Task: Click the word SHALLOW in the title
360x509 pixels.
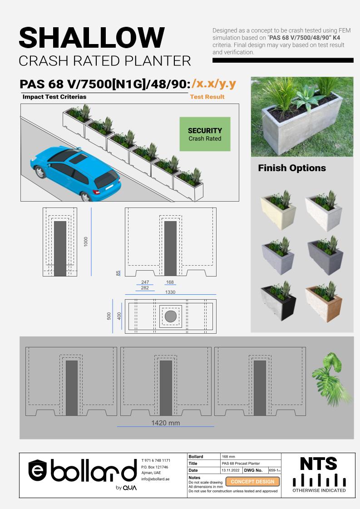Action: click(x=92, y=37)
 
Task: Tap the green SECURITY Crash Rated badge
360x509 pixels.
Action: click(x=205, y=134)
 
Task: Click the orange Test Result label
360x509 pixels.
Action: click(x=207, y=97)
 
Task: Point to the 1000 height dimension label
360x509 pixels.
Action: click(x=86, y=242)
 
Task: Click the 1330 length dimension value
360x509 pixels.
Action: click(x=170, y=292)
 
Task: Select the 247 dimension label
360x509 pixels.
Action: click(x=145, y=282)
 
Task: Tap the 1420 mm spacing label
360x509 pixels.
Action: click(x=165, y=423)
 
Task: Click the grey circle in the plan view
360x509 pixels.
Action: click(x=170, y=316)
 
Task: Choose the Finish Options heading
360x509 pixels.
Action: click(x=292, y=168)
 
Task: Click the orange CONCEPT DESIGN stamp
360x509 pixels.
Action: click(x=252, y=481)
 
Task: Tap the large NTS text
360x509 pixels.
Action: click(x=319, y=464)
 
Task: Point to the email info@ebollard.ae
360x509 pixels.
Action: click(x=155, y=479)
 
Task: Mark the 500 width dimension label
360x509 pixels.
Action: click(x=109, y=316)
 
